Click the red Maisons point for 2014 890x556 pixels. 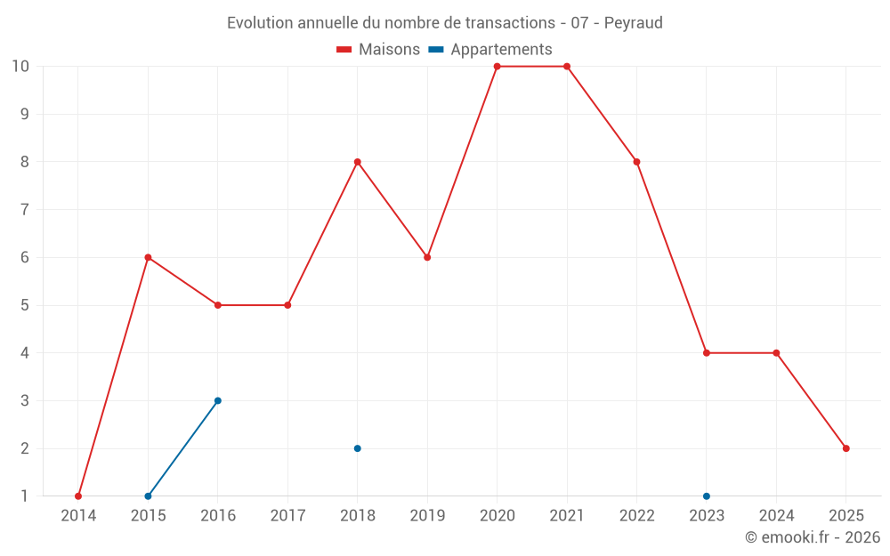78,496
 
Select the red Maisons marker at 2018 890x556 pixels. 357,162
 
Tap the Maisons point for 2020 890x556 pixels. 497,67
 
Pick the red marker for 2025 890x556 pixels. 845,448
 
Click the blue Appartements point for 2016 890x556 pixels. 218,400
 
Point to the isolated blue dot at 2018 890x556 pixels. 357,448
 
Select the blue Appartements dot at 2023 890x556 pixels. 707,496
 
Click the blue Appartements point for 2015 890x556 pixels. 148,496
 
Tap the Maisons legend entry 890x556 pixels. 378,50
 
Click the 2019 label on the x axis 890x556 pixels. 427,516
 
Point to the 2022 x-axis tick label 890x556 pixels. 636,516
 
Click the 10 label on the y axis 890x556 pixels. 20,67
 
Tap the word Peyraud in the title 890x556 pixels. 633,23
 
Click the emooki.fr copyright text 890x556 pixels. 812,537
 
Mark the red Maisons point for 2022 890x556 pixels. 636,162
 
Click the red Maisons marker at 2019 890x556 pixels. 427,257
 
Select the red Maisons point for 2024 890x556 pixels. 776,353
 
